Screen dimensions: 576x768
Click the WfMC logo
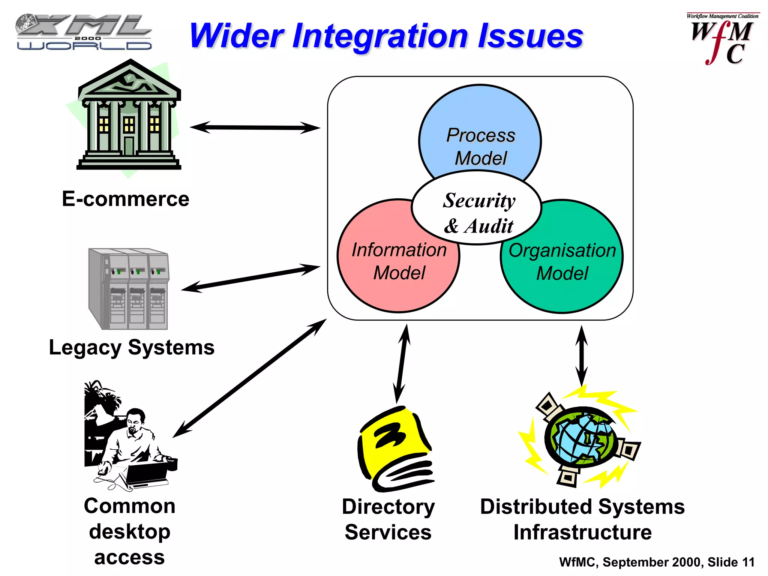[x=722, y=39]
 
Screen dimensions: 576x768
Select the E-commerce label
[x=126, y=199]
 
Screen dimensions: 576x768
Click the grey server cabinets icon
[x=129, y=289]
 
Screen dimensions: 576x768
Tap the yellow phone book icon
[x=396, y=450]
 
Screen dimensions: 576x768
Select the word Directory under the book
[x=388, y=507]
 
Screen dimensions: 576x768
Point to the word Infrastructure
[x=582, y=532]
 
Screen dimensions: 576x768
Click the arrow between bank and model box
[x=255, y=127]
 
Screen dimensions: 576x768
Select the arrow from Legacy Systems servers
[x=250, y=278]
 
